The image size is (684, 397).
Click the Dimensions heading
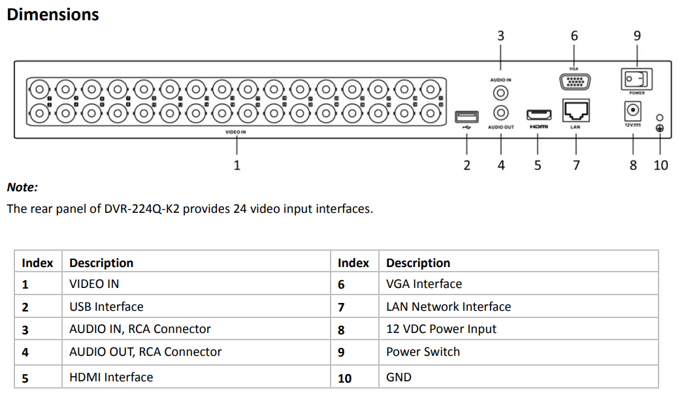tap(53, 14)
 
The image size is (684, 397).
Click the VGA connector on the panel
tap(574, 82)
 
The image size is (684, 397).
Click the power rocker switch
tap(636, 80)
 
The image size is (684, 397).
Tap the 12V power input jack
tap(632, 111)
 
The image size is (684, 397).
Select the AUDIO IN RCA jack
tap(500, 94)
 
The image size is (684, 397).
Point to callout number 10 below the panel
tap(660, 165)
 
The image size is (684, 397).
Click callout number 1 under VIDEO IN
tap(237, 165)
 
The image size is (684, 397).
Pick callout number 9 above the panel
tap(637, 36)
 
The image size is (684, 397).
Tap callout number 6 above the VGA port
tap(574, 36)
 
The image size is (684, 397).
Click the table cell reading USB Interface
tap(106, 307)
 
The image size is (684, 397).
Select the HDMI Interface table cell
tap(111, 377)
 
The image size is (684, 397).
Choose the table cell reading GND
tap(399, 377)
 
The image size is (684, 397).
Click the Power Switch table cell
tap(423, 352)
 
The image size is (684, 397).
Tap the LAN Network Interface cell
tap(449, 307)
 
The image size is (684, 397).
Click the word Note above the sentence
tap(22, 187)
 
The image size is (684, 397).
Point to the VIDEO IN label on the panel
tap(236, 132)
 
